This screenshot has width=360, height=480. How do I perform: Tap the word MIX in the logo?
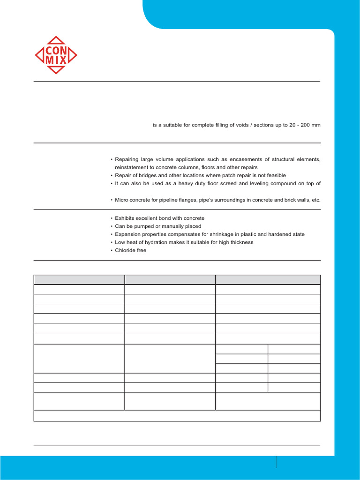[56, 60]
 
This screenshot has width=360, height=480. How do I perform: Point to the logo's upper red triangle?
[56, 40]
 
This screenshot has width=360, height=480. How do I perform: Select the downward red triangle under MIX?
[56, 70]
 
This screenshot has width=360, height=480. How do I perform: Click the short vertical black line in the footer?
[276, 462]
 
